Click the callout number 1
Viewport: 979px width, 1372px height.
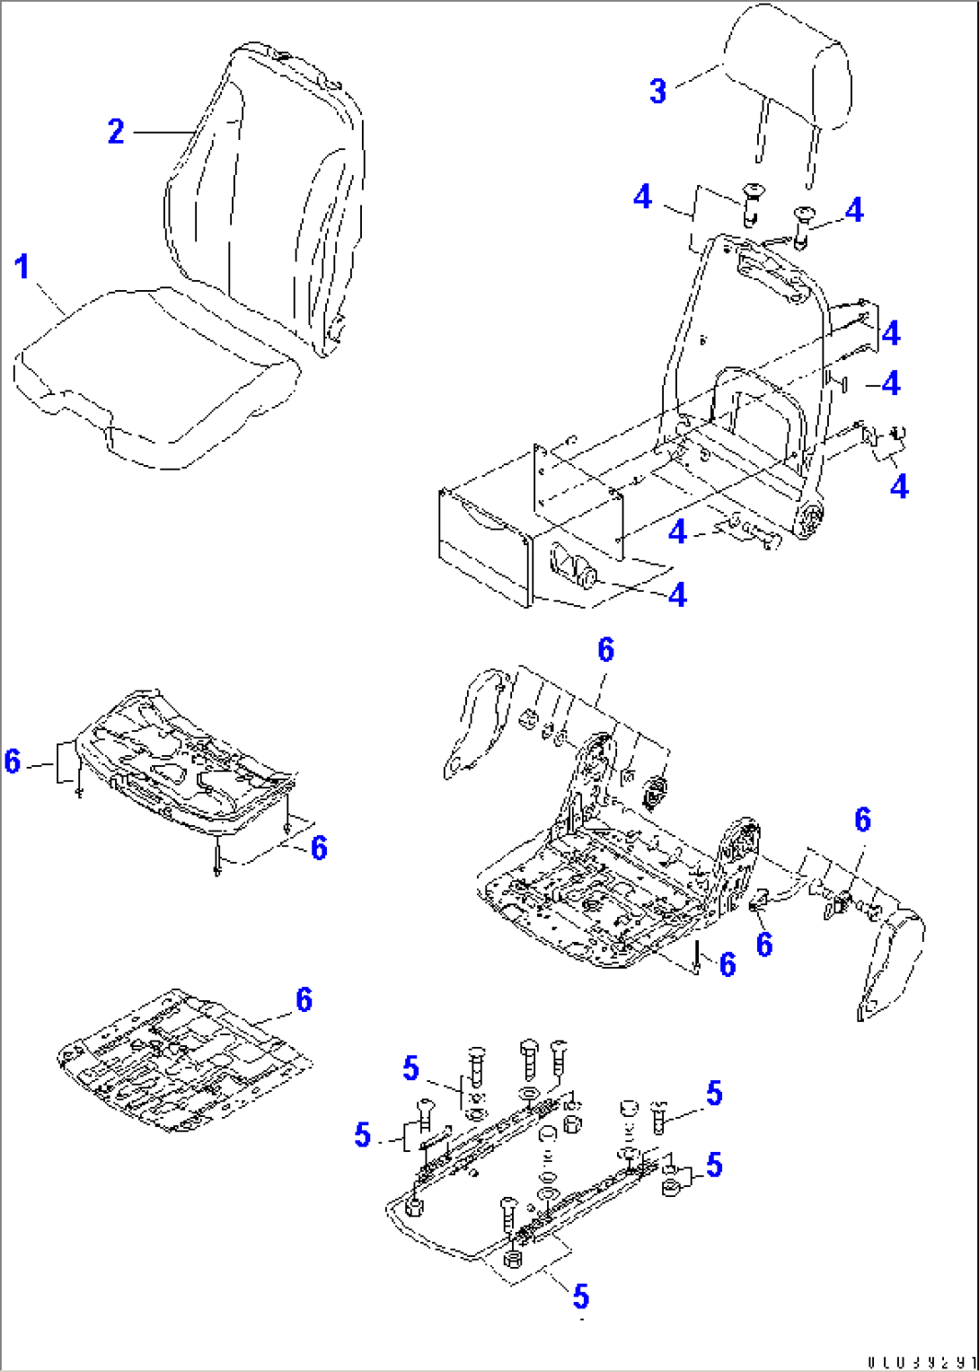[22, 267]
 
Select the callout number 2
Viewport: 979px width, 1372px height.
[116, 132]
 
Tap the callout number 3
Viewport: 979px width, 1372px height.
[658, 91]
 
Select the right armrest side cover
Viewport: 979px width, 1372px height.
[889, 961]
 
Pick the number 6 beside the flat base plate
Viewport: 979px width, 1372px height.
[304, 999]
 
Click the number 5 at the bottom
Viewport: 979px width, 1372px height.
[581, 1296]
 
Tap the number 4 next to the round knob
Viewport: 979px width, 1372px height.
[677, 594]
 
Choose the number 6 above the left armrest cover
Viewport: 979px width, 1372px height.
[606, 650]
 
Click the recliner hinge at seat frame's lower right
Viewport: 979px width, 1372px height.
[812, 520]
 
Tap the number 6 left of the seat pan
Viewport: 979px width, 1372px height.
[13, 761]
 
